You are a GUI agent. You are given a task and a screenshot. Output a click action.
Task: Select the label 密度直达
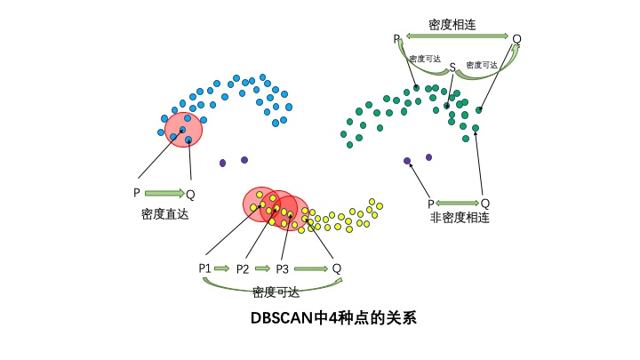pos(165,214)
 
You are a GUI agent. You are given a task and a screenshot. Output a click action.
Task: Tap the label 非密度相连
pos(460,218)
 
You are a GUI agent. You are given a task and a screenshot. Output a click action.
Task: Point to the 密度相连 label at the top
pos(452,25)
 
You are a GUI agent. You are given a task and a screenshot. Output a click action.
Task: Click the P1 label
pos(204,268)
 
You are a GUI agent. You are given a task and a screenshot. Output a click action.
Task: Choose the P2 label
pos(243,268)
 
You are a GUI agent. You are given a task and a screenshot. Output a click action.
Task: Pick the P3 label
pos(283,268)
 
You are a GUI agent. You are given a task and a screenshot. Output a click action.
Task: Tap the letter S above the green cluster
pos(452,67)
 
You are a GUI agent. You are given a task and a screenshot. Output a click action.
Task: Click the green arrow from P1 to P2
pos(221,268)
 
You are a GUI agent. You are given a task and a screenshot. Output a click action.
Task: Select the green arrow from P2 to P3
pos(262,268)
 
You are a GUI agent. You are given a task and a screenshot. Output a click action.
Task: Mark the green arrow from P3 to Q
pos(311,268)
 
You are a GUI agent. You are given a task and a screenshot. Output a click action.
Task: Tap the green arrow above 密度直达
pos(164,193)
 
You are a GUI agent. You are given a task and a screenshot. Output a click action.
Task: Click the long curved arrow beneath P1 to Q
pos(273,284)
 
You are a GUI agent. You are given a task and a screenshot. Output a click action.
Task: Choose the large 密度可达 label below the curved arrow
pos(276,292)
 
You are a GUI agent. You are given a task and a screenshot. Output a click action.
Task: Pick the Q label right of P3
pos(337,268)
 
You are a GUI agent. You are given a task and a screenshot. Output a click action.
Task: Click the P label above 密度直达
pos(136,193)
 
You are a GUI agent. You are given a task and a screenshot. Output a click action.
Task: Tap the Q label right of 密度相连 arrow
pos(516,39)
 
